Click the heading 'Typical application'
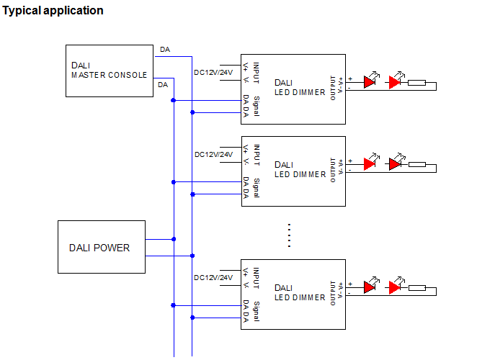(x=53, y=11)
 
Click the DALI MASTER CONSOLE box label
(x=110, y=71)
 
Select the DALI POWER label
(x=99, y=248)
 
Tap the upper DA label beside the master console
(x=165, y=50)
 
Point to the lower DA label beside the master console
(x=163, y=85)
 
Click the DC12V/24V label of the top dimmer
(x=213, y=73)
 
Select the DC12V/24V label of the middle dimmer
(x=213, y=155)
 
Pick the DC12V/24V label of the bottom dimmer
(x=213, y=278)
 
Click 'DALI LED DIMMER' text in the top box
(x=300, y=88)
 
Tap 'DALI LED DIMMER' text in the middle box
(x=300, y=170)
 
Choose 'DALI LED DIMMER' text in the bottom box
(x=300, y=293)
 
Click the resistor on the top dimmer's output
(x=416, y=82)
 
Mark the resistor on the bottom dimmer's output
(x=417, y=288)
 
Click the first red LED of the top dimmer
(x=370, y=82)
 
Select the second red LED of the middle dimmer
(x=395, y=164)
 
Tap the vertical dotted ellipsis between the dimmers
(x=289, y=235)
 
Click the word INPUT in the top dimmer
(x=257, y=73)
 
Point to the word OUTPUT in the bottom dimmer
(x=333, y=293)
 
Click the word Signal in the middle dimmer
(x=257, y=188)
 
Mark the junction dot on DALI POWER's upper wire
(x=174, y=239)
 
